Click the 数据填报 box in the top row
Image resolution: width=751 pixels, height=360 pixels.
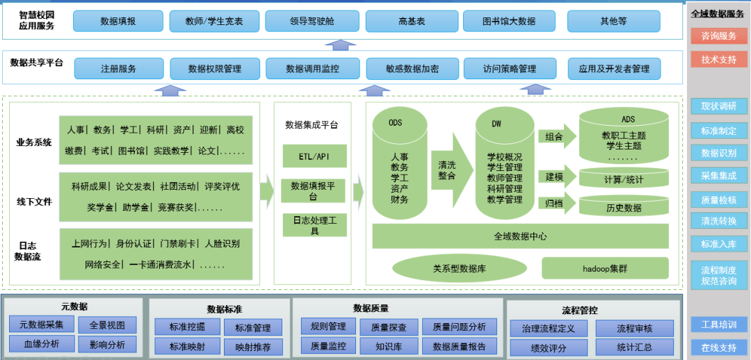[x=118, y=21]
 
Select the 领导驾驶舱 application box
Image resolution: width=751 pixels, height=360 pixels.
[x=312, y=21]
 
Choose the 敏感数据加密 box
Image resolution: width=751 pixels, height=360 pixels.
[x=412, y=69]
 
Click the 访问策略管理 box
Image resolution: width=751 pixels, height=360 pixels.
[x=510, y=69]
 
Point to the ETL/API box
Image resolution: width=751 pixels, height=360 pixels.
[x=314, y=156]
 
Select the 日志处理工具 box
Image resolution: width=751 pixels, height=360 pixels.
[x=314, y=224]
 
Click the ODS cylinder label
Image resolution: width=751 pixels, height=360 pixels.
[x=395, y=123]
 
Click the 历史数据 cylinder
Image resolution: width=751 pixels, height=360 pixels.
[x=624, y=207]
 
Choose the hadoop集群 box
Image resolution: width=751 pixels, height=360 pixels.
[x=605, y=268]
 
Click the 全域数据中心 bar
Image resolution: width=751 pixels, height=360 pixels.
[x=520, y=236]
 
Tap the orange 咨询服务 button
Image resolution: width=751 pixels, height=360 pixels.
[x=718, y=36]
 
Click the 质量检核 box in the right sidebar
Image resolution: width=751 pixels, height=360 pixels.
[x=718, y=199]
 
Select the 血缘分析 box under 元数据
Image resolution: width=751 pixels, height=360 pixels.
[x=41, y=343]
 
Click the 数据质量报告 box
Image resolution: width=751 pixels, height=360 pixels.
[x=459, y=345]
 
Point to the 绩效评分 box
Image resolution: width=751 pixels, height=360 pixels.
[x=549, y=347]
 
